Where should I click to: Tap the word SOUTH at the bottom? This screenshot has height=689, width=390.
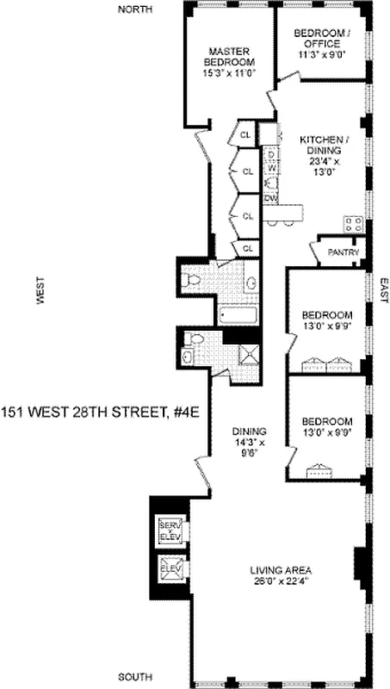(x=135, y=677)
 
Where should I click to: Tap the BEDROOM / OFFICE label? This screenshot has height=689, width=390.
(x=322, y=38)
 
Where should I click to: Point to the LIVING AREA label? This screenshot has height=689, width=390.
(x=281, y=570)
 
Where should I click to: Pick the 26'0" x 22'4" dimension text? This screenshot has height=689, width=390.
(x=281, y=581)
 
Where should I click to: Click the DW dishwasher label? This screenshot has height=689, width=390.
(x=270, y=199)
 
